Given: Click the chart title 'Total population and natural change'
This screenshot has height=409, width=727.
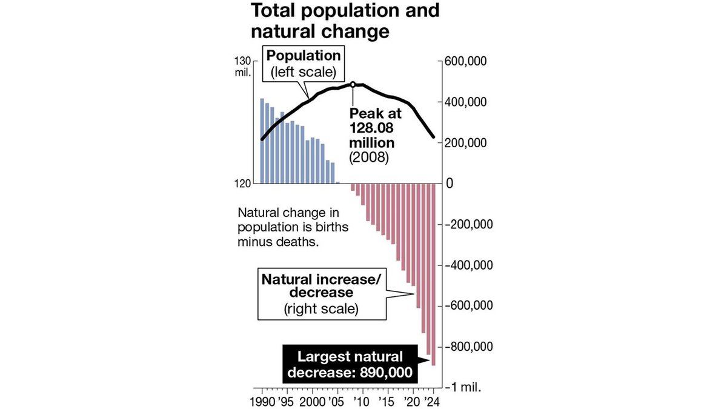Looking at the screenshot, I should (345, 21).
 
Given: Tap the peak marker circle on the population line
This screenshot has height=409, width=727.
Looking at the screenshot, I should (353, 84).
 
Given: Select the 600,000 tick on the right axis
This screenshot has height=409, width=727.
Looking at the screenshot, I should (466, 62).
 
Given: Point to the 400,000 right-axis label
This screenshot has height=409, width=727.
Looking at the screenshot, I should (466, 102).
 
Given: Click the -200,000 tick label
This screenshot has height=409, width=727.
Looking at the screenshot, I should (468, 224).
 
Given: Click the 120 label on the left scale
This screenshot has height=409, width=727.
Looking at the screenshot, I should (242, 184).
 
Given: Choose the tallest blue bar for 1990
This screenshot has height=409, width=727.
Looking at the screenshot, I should (262, 141).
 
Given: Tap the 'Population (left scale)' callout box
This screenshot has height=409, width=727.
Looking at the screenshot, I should (304, 65).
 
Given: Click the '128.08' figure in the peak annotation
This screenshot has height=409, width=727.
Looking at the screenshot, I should (370, 128).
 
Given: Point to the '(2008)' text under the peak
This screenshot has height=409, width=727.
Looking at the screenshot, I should (368, 156).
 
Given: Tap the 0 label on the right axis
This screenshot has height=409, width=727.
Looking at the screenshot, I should (449, 184).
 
